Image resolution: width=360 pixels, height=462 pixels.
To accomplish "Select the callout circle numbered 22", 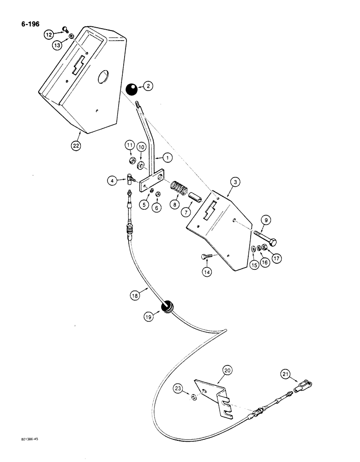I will (x=75, y=146).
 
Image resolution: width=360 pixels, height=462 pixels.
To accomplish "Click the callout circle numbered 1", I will (x=167, y=158).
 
